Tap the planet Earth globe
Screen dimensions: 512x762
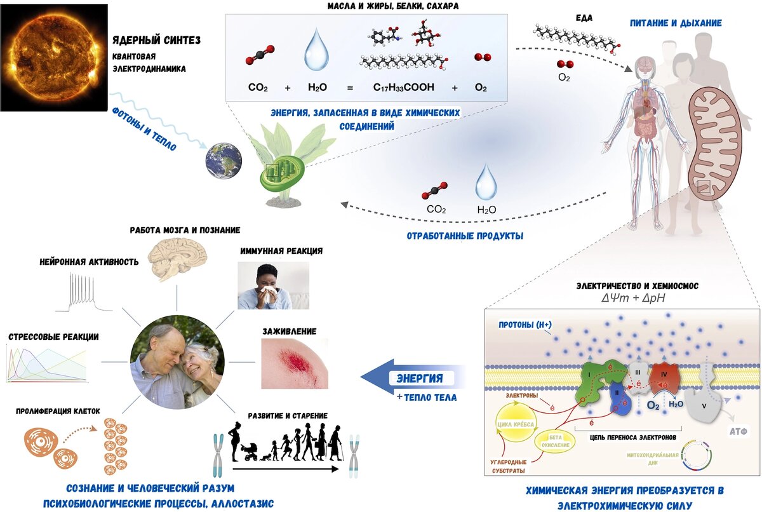click(223, 160)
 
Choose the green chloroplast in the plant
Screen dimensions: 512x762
click(283, 170)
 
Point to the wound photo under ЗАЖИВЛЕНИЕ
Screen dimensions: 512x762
click(295, 363)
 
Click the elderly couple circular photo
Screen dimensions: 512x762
click(177, 362)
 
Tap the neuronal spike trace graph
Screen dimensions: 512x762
click(83, 293)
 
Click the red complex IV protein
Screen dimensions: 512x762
click(663, 379)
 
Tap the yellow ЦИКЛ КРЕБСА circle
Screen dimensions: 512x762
click(513, 426)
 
